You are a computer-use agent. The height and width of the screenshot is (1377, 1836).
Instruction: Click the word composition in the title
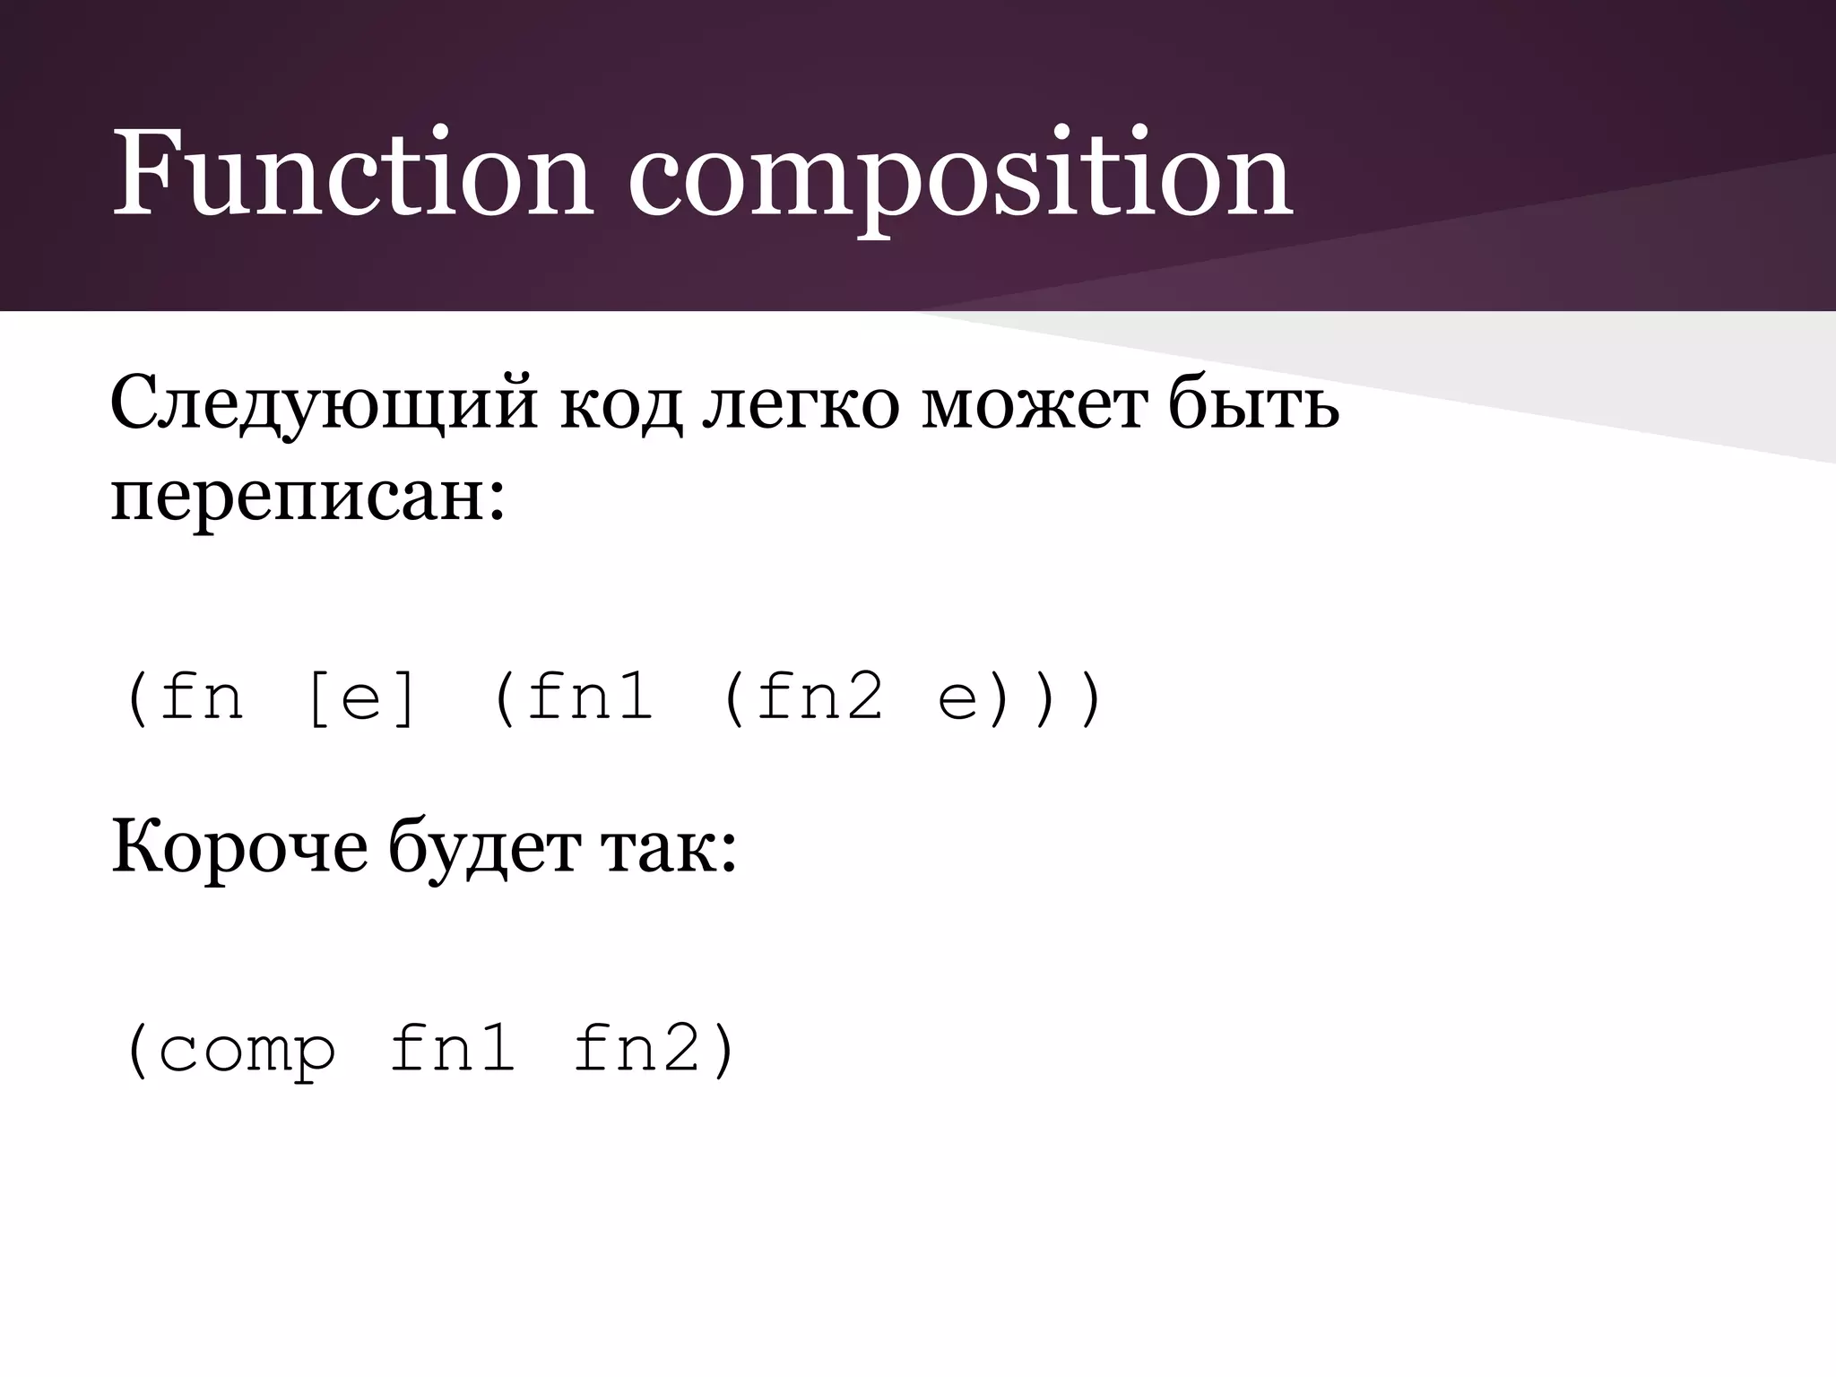959,179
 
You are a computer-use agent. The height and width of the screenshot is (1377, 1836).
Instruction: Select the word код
620,408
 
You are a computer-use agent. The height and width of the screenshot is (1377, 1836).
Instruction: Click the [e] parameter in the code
361,698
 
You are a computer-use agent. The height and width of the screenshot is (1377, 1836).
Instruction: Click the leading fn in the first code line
201,697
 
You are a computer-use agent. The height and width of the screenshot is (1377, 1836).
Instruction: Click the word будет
484,847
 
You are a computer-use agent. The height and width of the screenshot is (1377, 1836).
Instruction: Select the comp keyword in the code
247,1051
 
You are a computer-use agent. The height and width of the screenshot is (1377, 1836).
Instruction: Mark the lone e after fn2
957,700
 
